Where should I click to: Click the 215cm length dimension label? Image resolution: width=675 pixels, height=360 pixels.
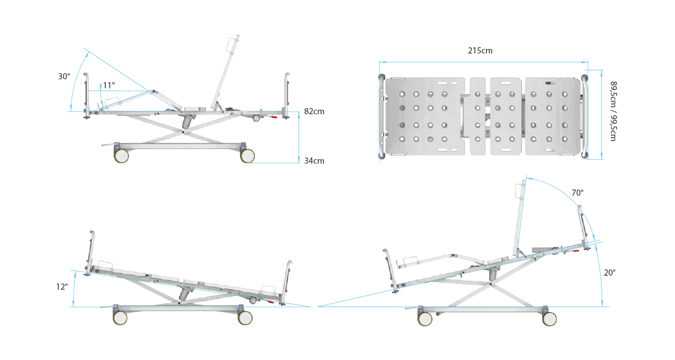[x=480, y=51]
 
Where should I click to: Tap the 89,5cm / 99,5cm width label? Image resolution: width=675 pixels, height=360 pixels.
[x=614, y=111]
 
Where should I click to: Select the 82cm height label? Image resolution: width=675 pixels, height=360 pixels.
[x=314, y=111]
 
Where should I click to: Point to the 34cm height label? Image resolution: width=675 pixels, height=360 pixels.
[x=314, y=161]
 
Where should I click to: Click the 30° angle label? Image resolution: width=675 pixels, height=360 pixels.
[x=64, y=76]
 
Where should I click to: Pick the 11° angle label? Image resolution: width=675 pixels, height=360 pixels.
[x=109, y=85]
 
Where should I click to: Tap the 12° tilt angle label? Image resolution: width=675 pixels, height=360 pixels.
[x=62, y=287]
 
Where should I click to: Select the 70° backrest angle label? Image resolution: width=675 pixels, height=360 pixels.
[x=577, y=193]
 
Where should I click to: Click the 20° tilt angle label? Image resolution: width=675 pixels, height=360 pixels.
[x=610, y=272]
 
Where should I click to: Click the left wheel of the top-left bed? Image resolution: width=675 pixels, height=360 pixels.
[x=121, y=156]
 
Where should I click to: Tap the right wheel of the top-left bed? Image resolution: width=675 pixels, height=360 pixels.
[x=247, y=156]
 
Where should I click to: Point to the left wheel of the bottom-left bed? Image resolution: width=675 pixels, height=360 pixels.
[x=120, y=318]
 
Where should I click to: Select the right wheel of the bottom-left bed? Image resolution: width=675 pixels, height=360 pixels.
[x=245, y=318]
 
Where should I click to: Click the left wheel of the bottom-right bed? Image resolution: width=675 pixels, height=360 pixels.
[x=425, y=319]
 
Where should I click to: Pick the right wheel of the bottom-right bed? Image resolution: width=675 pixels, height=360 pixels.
[x=550, y=319]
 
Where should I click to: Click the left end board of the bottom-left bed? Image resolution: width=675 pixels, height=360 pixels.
[x=91, y=250]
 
